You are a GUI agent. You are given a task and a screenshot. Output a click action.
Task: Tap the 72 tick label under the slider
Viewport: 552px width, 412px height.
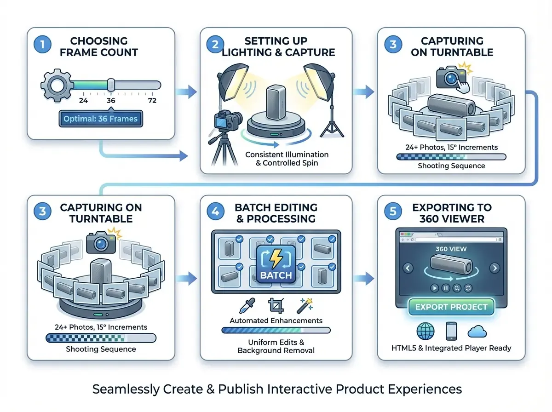152,101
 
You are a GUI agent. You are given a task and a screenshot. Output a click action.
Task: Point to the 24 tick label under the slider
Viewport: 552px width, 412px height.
84,101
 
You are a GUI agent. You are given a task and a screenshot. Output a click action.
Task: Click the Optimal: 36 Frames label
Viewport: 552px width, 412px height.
100,119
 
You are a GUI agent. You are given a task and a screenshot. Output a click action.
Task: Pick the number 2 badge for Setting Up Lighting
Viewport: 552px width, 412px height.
215,45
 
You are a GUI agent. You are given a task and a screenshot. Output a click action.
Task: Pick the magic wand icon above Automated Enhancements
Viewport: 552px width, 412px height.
305,304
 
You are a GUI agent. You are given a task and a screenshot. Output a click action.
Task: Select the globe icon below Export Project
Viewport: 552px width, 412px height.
425,331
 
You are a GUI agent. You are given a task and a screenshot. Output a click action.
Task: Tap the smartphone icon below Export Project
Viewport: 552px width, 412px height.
451,331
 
